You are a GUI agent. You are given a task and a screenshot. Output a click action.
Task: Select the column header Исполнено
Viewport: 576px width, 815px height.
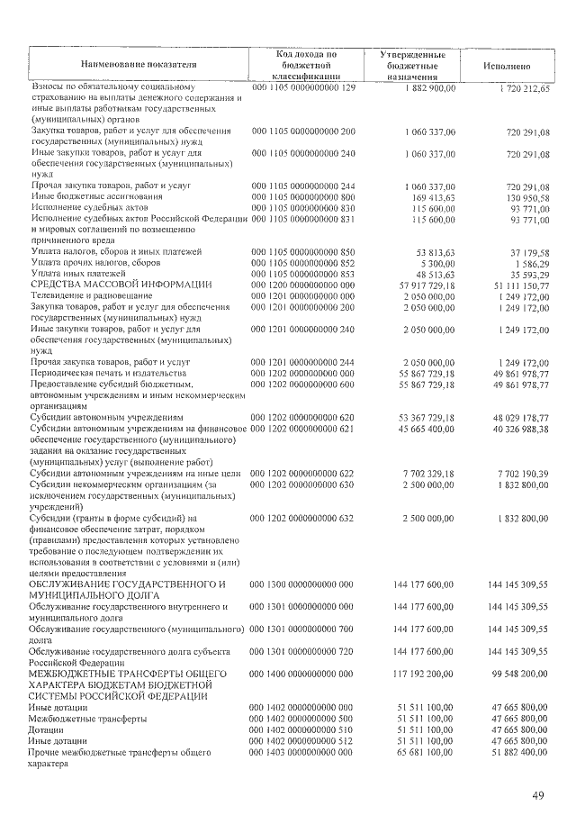(x=506, y=66)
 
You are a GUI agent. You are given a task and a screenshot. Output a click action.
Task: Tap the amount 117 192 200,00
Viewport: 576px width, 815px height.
(x=424, y=674)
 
